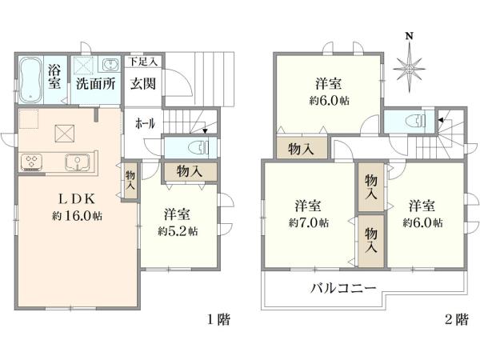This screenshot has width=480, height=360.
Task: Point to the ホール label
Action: tap(145, 124)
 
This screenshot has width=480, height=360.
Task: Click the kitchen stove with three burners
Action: tap(34, 162)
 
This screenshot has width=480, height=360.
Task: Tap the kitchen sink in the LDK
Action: tap(78, 162)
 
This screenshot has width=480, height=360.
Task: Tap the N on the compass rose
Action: tap(409, 36)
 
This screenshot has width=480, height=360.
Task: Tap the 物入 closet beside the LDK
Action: tap(130, 180)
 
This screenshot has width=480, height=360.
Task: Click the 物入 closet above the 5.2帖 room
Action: tap(189, 170)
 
